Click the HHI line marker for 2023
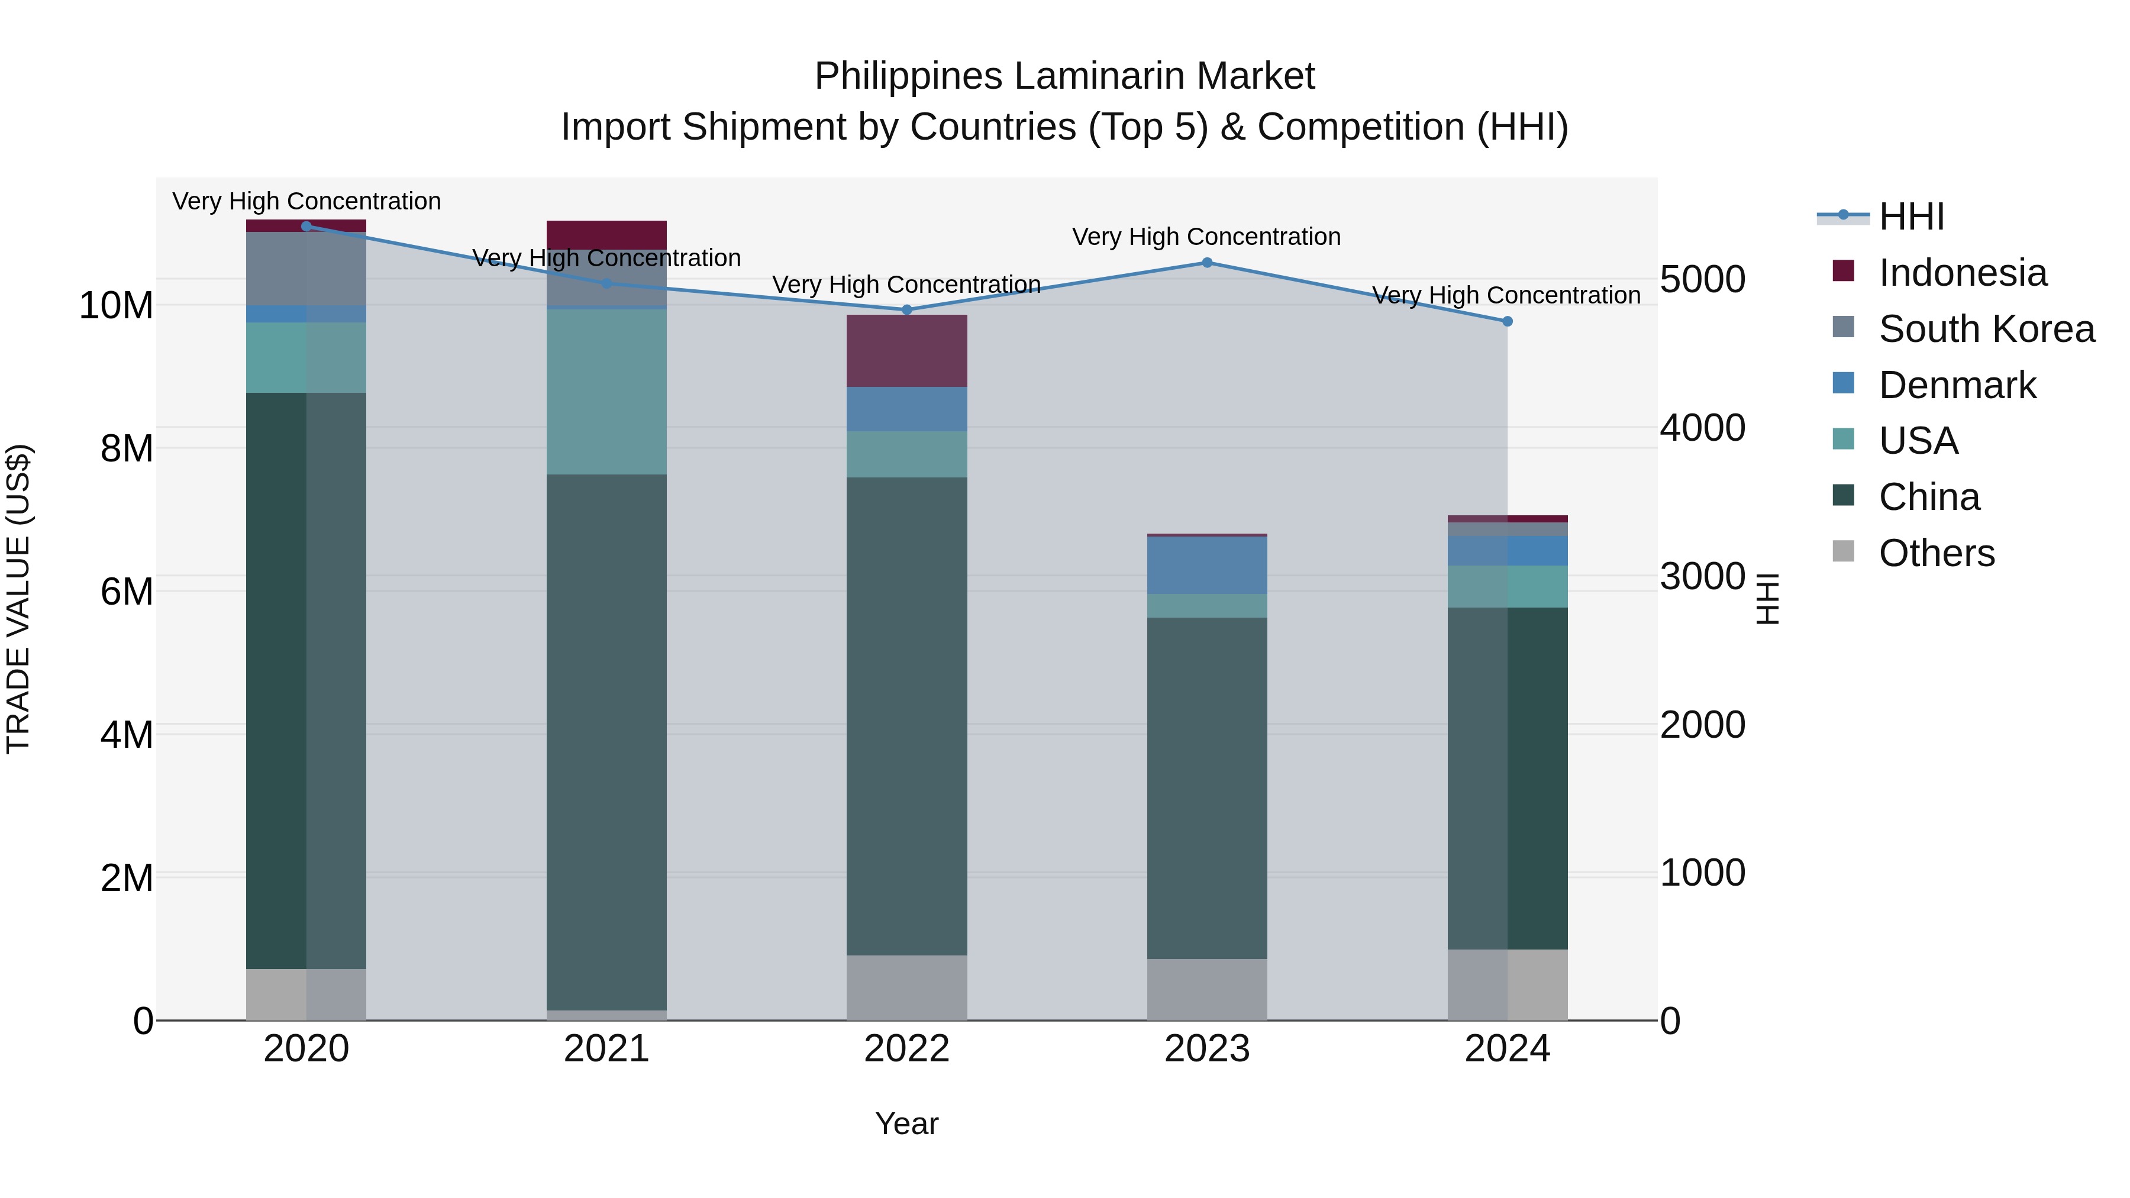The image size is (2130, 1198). pos(1206,263)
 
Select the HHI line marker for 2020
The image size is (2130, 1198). pos(306,227)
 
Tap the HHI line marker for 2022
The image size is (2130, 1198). pos(906,310)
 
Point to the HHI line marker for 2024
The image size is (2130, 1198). pos(1506,322)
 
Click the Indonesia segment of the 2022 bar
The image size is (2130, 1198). pos(906,351)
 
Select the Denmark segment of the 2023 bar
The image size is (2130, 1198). pos(1206,566)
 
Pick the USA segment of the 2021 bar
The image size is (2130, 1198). pos(606,391)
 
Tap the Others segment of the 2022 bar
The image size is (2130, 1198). pos(906,987)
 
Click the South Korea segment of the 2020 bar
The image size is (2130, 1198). pos(306,269)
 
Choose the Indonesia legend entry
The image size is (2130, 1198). pos(1962,273)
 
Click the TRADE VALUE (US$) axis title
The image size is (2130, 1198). pos(18,599)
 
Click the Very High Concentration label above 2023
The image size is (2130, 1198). pos(1206,237)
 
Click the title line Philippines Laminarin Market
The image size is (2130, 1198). pos(1064,76)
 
